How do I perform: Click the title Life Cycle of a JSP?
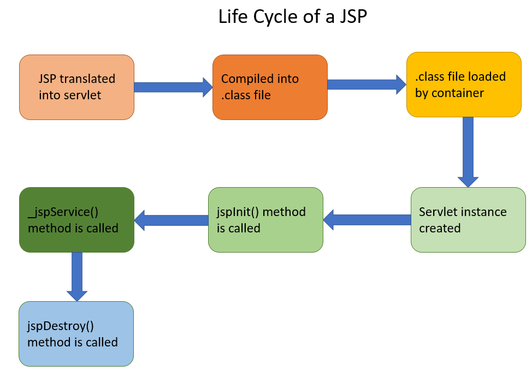tap(293, 17)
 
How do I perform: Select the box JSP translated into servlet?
tap(76, 87)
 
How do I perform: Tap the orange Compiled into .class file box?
tap(270, 87)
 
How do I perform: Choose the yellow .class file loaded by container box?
tap(464, 85)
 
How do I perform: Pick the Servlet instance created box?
tap(468, 220)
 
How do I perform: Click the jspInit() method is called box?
tap(265, 220)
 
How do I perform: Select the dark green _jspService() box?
tap(76, 220)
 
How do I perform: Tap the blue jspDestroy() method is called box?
tap(76, 334)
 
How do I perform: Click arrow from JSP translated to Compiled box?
tap(173, 87)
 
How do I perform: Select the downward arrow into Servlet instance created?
tap(468, 151)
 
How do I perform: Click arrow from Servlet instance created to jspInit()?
tap(367, 220)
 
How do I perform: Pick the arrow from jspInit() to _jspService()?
tap(172, 220)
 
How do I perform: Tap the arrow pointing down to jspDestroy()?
tap(76, 276)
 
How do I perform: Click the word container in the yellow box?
tap(458, 93)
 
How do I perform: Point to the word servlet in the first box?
tap(82, 95)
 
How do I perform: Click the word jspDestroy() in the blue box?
tap(61, 326)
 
